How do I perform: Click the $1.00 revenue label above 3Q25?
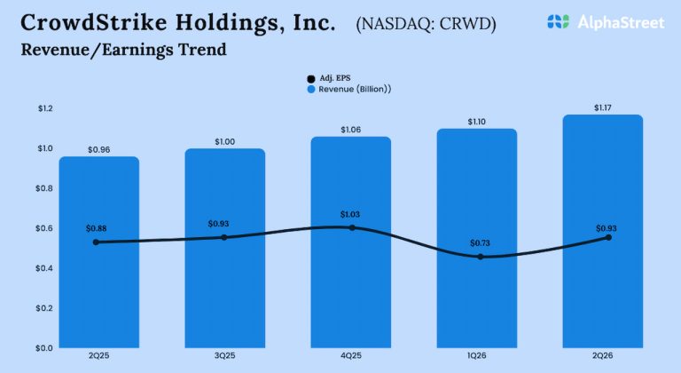point(225,141)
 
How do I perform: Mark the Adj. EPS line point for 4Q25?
point(352,227)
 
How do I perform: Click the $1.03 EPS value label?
point(352,214)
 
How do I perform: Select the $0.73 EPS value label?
point(478,242)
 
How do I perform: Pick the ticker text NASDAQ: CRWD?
point(426,23)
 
